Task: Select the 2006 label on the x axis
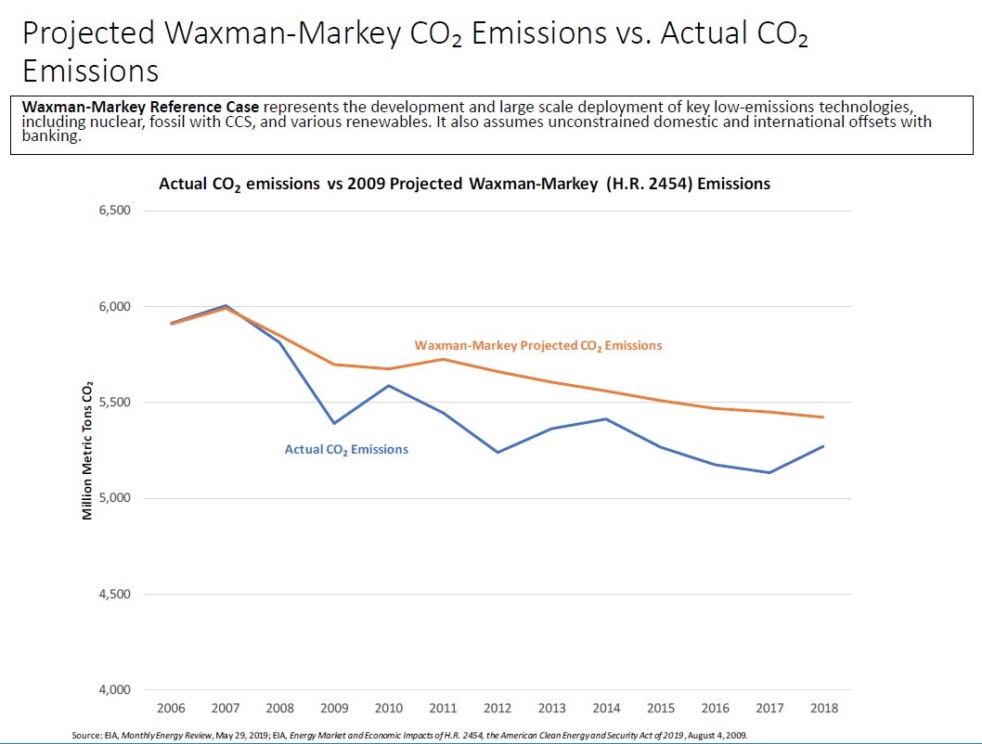(x=171, y=709)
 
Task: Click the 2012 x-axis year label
(x=497, y=709)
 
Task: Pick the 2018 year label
(x=823, y=709)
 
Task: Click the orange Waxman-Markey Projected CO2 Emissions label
(x=538, y=345)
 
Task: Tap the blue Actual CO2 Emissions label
(x=346, y=449)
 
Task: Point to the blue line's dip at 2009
(x=334, y=423)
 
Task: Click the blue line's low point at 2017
(x=769, y=472)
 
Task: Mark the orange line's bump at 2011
(x=443, y=359)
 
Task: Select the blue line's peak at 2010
(x=389, y=386)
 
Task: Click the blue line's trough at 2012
(x=497, y=452)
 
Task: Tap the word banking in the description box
(x=51, y=135)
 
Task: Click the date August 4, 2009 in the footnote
(x=713, y=735)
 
